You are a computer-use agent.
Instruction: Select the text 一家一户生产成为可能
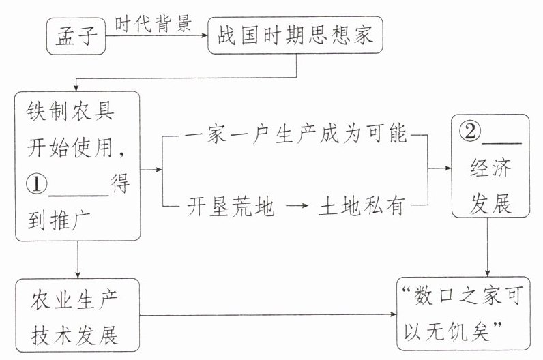(296, 136)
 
